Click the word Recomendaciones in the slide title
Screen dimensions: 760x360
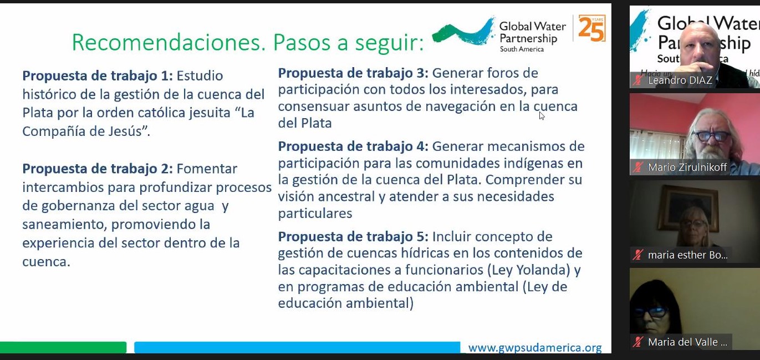click(x=166, y=42)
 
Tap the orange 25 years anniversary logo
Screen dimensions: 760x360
click(x=592, y=28)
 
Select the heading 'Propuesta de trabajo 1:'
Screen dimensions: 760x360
click(x=98, y=76)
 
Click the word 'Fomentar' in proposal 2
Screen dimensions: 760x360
click(x=207, y=169)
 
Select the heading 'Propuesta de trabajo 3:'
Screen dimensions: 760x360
click(x=353, y=73)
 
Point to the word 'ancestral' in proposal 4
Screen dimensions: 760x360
click(x=348, y=197)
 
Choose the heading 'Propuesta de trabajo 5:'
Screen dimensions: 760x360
click(x=353, y=237)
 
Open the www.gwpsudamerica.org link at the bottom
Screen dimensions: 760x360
click(x=535, y=348)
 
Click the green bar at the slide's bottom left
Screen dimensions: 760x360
click(x=63, y=347)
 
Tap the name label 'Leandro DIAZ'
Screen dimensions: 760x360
click(x=680, y=80)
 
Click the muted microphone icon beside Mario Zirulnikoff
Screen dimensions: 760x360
click(x=638, y=168)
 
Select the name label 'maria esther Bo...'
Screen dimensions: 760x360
click(x=688, y=255)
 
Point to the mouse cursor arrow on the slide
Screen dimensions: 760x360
click(x=542, y=116)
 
